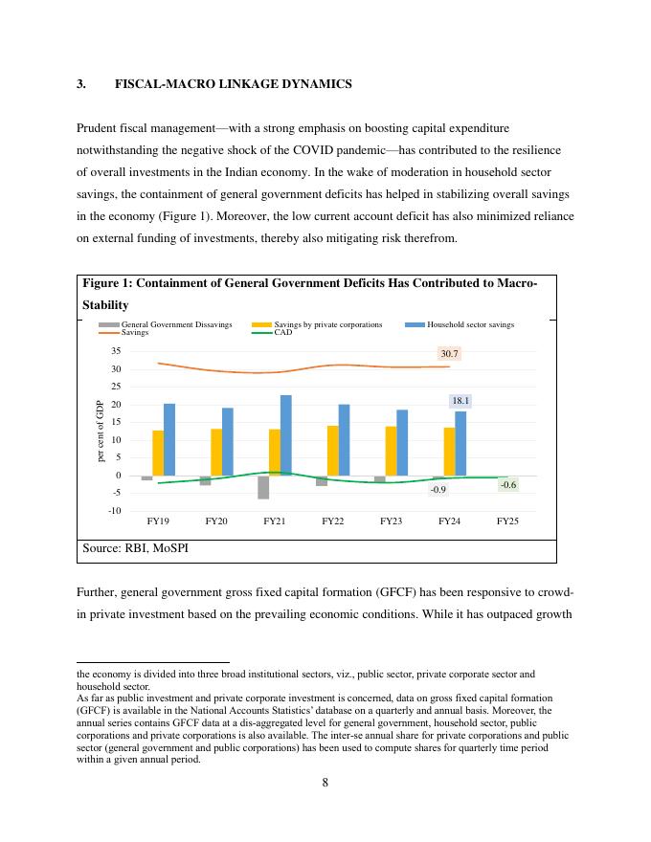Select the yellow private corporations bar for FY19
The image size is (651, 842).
tap(158, 453)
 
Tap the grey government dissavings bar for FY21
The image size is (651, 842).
tap(263, 487)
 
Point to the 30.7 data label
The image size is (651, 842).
tap(450, 353)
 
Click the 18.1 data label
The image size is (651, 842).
tap(460, 401)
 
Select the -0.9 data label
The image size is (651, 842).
tap(438, 489)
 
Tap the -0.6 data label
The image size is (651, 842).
tap(508, 485)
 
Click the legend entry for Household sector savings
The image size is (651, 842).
tap(470, 324)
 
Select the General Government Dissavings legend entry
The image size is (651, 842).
tap(176, 324)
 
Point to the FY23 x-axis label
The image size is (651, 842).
tap(391, 521)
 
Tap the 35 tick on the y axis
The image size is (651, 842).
tap(115, 352)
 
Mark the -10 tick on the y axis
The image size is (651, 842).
tap(114, 511)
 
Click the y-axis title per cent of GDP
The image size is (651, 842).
tap(100, 432)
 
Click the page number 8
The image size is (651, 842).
tap(325, 782)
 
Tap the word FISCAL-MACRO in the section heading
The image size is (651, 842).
tap(154, 84)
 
